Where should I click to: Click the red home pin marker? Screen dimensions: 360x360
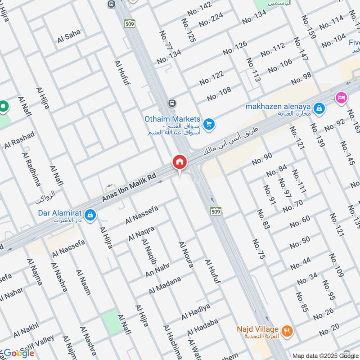point(179,162)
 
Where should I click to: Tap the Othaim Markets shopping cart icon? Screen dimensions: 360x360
point(208,124)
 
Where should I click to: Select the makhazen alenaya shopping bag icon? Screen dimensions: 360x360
point(319,108)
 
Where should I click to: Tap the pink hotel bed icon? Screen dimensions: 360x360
point(341,97)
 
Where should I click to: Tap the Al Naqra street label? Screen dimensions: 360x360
point(141,233)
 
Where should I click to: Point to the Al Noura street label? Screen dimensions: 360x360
point(186,255)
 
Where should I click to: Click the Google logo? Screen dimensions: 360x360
point(18,352)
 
